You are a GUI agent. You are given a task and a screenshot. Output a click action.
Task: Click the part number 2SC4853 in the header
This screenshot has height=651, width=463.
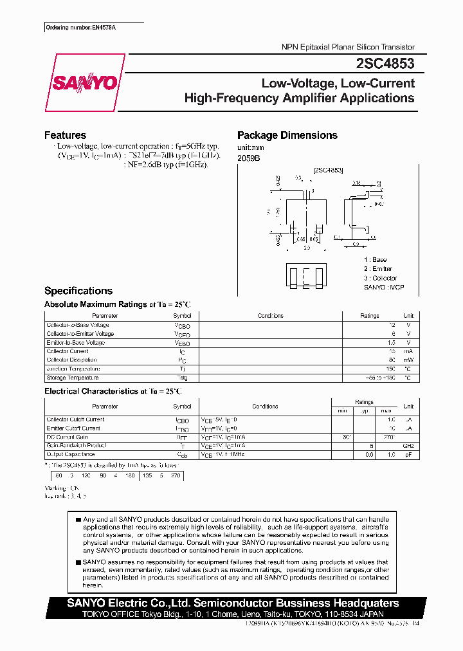tap(385, 64)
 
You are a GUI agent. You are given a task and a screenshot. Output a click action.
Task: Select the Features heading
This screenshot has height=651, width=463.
tap(65, 135)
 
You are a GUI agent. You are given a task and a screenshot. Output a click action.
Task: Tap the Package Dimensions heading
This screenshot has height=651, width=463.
tap(287, 135)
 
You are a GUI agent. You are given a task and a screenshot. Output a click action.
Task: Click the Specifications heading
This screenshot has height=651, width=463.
tap(78, 291)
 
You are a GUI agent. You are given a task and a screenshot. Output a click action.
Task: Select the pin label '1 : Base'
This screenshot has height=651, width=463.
tap(376, 259)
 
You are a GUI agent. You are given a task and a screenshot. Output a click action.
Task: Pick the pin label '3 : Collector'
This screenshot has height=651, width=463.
tap(380, 278)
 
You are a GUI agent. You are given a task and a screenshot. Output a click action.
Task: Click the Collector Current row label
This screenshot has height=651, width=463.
tap(68, 351)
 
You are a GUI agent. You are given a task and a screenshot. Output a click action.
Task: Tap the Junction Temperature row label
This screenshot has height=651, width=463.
tap(73, 369)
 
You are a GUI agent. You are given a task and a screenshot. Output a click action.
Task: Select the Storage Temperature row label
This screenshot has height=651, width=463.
tap(73, 378)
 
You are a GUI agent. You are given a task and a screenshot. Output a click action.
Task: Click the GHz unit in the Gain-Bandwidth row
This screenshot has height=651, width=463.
tap(408, 445)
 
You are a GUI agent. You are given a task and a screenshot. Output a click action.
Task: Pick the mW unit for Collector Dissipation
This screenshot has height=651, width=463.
tap(408, 360)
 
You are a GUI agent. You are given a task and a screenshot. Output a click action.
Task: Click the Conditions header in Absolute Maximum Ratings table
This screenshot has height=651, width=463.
tap(270, 316)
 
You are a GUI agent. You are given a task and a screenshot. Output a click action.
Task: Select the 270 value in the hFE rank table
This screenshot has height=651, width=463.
tap(174, 476)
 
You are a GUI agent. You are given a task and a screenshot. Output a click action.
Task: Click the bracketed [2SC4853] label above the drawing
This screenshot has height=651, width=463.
tap(328, 170)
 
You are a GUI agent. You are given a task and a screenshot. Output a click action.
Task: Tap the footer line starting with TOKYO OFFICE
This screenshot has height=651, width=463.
tap(235, 614)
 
